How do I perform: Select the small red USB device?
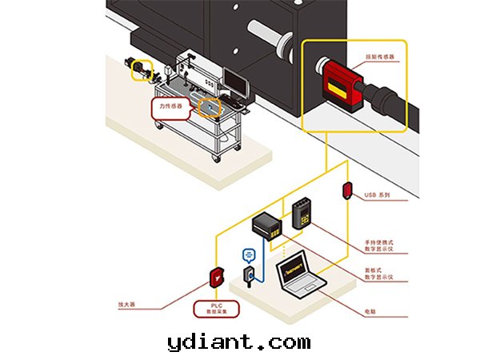347,190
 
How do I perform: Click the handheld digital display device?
302,214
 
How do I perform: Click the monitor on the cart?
234,81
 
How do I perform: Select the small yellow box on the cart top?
208,106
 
